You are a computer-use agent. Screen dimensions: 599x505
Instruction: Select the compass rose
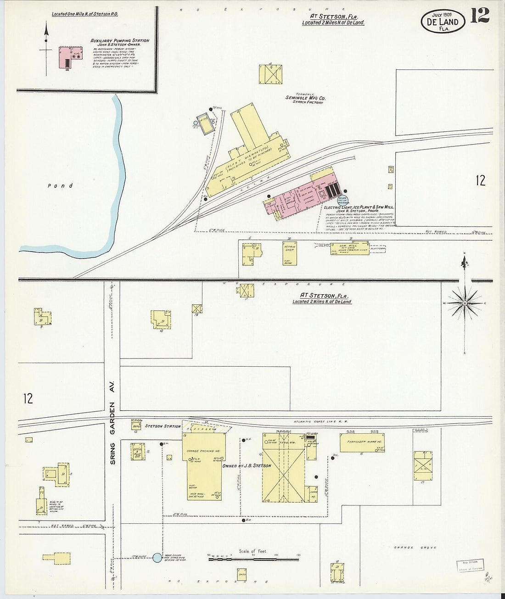tap(465, 303)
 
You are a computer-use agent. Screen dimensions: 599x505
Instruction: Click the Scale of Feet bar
tap(253, 559)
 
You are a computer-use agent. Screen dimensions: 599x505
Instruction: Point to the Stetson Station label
tap(163, 426)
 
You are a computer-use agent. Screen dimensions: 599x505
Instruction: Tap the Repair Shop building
tap(290, 253)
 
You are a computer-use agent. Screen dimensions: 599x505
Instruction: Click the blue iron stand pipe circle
tap(157, 558)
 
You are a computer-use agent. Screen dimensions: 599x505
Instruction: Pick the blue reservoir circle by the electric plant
tap(342, 200)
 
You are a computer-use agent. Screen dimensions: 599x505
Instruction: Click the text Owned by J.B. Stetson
tap(247, 466)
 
